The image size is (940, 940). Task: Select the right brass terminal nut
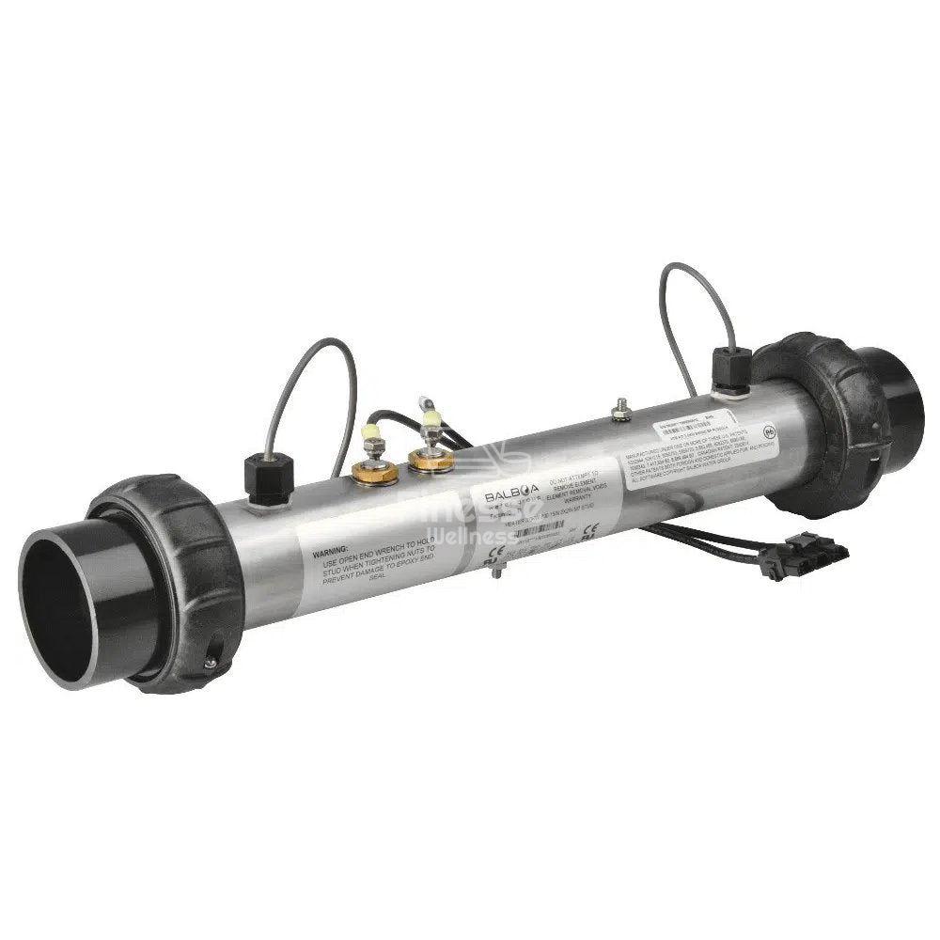429,459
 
